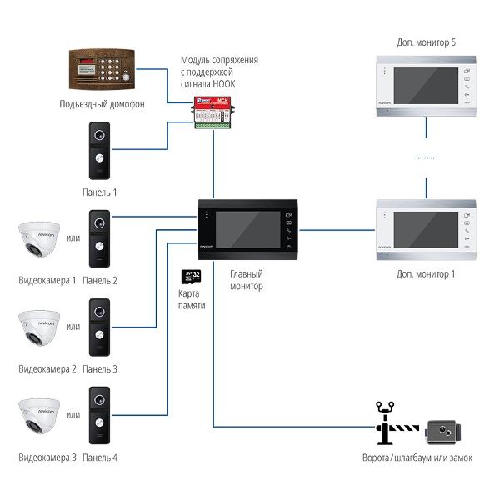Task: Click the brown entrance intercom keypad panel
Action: pos(102,72)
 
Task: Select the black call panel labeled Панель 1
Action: pos(100,151)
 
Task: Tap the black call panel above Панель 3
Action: pos(100,327)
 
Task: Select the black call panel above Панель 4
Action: pos(100,415)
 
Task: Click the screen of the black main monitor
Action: pos(247,228)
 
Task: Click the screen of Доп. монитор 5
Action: pos(422,84)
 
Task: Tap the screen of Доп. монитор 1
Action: pos(422,227)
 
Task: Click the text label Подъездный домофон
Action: pos(102,104)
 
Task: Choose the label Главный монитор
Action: pos(247,280)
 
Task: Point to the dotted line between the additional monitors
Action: pos(426,157)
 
